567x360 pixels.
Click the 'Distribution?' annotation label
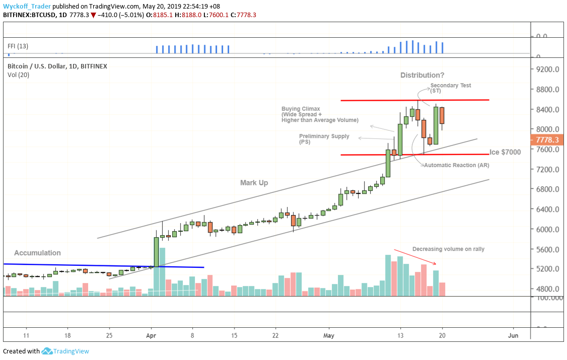coord(422,75)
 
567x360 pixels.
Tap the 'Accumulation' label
coord(37,253)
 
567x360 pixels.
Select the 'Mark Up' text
coord(254,183)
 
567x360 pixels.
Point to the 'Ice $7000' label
coord(505,152)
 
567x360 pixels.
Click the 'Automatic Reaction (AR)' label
coord(456,165)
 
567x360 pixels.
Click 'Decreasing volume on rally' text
coord(448,249)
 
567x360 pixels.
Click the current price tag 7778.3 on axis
coord(547,139)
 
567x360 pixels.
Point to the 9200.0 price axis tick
coord(549,69)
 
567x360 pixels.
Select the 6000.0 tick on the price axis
coord(549,230)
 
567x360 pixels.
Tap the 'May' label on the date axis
coord(329,335)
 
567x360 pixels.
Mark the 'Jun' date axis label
coord(513,335)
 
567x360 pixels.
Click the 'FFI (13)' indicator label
coord(18,46)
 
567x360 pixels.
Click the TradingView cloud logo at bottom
coord(47,351)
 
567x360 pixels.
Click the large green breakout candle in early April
coord(156,251)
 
